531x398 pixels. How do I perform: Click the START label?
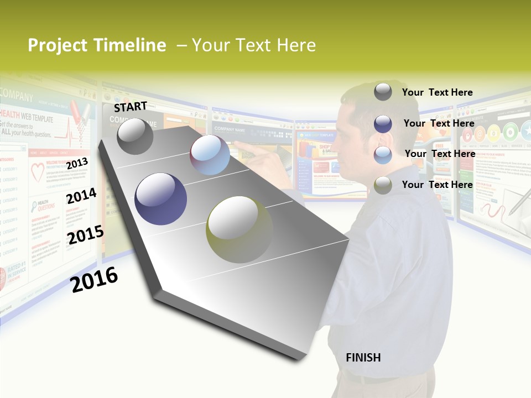click(131, 107)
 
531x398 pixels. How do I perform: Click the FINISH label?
click(363, 358)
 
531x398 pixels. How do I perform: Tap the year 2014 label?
click(81, 196)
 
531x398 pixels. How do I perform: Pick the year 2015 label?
click(86, 235)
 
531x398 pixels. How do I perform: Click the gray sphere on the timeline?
click(135, 137)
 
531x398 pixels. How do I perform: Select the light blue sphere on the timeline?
click(210, 155)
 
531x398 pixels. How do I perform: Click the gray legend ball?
click(383, 92)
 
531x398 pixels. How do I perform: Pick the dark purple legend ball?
click(383, 124)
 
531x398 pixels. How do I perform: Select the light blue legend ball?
click(383, 155)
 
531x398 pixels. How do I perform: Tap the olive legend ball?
click(383, 185)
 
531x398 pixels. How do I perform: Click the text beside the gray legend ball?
click(437, 92)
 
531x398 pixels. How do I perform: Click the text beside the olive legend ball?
click(437, 185)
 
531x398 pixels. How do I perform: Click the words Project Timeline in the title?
click(97, 45)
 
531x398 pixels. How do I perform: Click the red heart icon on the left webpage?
click(38, 173)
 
